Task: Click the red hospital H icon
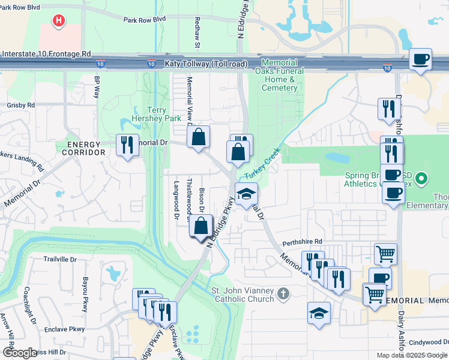[58, 22]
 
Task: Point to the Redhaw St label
[197, 32]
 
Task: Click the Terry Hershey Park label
[156, 114]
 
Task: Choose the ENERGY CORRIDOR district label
[86, 149]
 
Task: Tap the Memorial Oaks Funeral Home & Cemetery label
[280, 75]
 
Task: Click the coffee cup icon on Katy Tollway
[421, 59]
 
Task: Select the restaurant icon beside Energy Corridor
[127, 145]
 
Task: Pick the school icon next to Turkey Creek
[246, 194]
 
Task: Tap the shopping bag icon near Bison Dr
[201, 227]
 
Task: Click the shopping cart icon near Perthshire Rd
[385, 253]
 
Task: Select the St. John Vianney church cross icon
[283, 294]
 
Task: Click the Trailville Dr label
[60, 260]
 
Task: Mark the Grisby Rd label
[21, 104]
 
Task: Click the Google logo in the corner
[20, 353]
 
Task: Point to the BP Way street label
[96, 87]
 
